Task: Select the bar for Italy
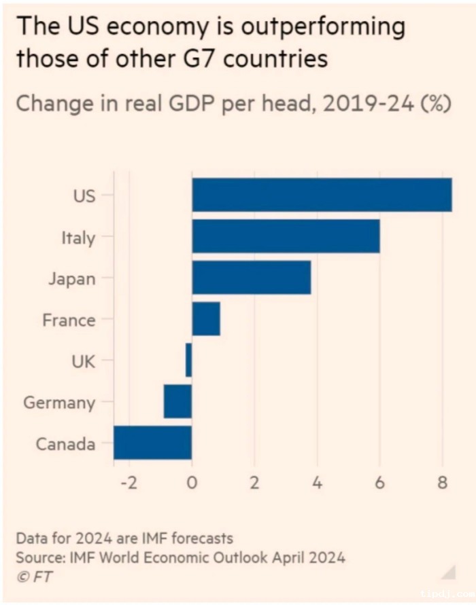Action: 286,236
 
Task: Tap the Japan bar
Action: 252,278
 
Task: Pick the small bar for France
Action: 206,319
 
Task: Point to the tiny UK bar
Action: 188,361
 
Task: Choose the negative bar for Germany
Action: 177,402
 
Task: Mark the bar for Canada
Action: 152,443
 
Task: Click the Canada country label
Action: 65,444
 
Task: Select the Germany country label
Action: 59,403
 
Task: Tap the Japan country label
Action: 71,278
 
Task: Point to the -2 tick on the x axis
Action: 127,483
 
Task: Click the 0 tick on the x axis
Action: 192,483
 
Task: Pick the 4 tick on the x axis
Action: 317,483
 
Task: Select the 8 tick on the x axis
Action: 442,483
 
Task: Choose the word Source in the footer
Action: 37,557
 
